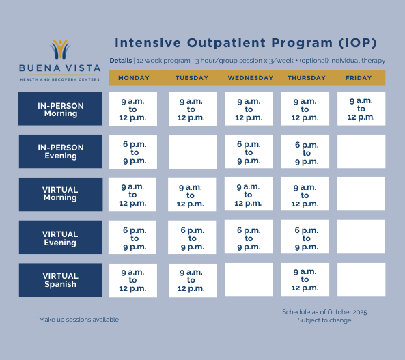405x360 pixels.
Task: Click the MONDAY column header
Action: (x=134, y=78)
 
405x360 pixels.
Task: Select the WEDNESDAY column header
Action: (x=250, y=78)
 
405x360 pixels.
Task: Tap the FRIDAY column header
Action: (x=359, y=78)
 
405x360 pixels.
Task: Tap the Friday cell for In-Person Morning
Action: (x=361, y=109)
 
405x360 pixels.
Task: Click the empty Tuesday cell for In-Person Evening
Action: (x=193, y=152)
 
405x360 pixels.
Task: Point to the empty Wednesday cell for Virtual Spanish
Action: (x=249, y=280)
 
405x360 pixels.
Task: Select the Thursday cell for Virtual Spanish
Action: (x=305, y=279)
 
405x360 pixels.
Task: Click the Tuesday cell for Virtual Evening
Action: (x=193, y=238)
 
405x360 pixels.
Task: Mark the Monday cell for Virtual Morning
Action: (x=132, y=195)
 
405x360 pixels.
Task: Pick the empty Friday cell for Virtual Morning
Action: (x=361, y=195)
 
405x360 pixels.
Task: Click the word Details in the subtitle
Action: (x=121, y=61)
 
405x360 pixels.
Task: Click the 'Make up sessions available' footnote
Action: (x=78, y=320)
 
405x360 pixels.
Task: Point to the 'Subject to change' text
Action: (x=324, y=320)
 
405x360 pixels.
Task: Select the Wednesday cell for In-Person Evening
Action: (x=249, y=152)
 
